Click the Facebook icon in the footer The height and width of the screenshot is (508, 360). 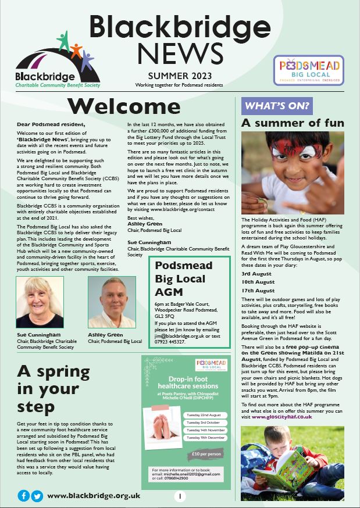[x=24, y=496]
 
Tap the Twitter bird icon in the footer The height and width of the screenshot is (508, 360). [x=37, y=496]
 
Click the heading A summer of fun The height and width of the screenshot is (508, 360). [x=293, y=123]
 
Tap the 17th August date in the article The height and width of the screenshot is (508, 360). [x=258, y=290]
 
